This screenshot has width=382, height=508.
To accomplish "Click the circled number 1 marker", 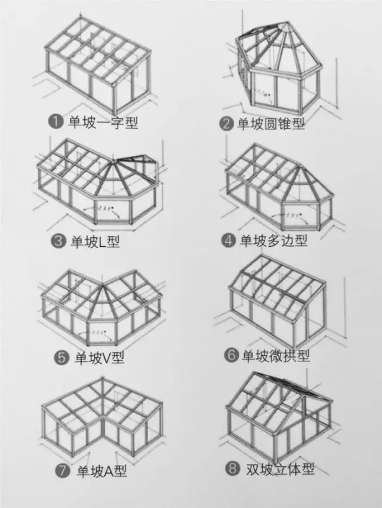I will [56, 122].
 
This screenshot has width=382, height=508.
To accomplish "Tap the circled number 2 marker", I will [226, 124].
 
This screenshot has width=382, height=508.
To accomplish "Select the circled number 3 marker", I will [58, 241].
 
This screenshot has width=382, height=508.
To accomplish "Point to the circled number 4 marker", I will [229, 240].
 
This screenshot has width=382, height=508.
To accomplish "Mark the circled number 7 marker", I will [63, 471].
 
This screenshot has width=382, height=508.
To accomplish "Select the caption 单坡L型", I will [96, 241].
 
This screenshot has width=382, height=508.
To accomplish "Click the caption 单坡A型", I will [101, 471].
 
